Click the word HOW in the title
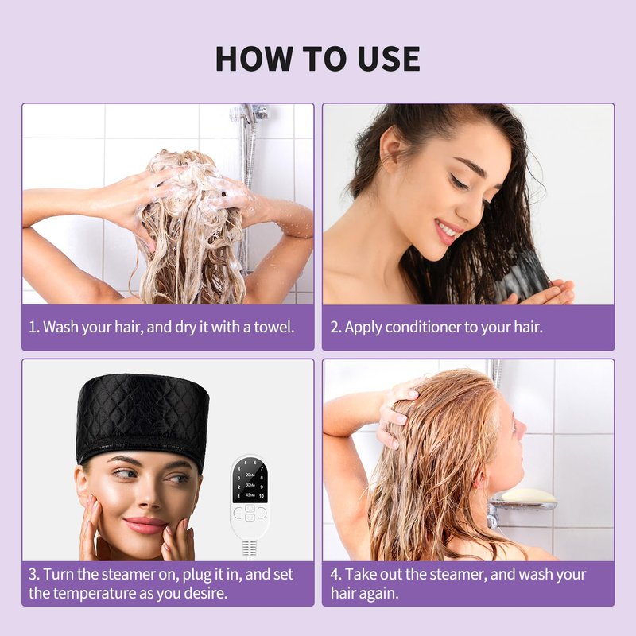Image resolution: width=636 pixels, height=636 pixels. [x=254, y=59]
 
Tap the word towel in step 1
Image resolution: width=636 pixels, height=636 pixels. [x=273, y=327]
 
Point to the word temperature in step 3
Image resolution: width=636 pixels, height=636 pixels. [x=95, y=594]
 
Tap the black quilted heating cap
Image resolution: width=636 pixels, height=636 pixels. [x=143, y=421]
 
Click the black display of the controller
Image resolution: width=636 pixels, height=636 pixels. [x=250, y=481]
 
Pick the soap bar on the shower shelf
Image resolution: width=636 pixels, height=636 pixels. [x=528, y=496]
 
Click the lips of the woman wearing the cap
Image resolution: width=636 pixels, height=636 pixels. [x=145, y=525]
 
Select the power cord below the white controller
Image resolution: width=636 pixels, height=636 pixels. [x=249, y=549]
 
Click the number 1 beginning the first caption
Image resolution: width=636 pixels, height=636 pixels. [x=33, y=327]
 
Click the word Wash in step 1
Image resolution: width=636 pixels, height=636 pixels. [x=60, y=327]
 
